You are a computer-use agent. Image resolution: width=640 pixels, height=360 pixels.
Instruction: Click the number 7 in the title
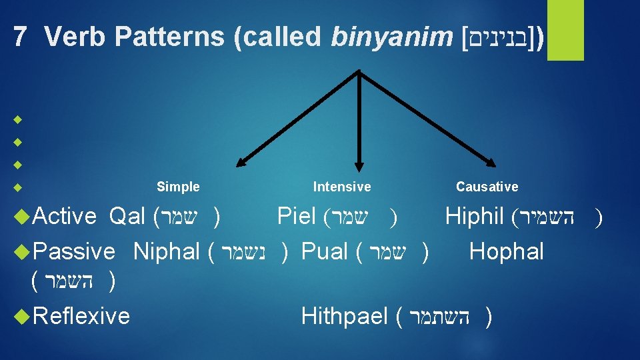21,37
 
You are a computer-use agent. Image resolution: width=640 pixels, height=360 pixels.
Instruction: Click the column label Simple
178,187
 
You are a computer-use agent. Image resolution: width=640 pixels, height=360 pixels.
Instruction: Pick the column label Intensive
342,187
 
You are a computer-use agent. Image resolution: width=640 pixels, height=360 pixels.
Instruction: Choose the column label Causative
487,187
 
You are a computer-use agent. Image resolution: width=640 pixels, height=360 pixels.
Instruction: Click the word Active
65,216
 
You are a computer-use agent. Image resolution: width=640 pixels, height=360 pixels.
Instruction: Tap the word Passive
73,251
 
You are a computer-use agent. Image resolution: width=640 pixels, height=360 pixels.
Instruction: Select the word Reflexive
81,315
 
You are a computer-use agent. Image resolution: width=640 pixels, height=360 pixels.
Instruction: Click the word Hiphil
474,216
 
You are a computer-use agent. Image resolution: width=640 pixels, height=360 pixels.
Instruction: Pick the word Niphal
167,251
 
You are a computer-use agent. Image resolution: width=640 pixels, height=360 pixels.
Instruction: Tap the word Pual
325,251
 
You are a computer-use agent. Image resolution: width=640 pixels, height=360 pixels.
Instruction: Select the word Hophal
507,251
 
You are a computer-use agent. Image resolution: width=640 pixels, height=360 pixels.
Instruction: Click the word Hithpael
345,315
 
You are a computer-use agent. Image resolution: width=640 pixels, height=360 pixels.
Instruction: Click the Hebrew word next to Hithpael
441,316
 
